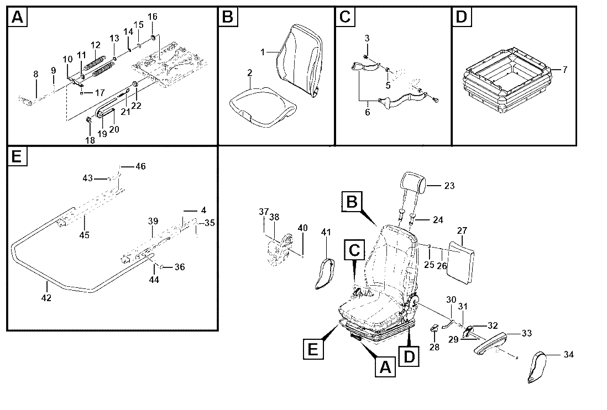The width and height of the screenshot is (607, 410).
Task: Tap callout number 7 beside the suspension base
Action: point(565,70)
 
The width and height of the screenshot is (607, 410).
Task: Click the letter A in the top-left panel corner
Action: point(18,18)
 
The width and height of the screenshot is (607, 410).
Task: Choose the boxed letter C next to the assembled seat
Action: point(354,250)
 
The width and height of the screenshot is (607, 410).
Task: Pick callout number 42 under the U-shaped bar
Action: point(46,298)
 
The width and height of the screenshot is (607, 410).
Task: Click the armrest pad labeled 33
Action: point(490,343)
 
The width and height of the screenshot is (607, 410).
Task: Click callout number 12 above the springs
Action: point(96,45)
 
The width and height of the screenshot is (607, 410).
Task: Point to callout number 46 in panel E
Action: point(140,166)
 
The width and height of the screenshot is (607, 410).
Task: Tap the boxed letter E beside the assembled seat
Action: point(313,349)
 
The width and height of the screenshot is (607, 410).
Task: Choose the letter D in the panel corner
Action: point(462,18)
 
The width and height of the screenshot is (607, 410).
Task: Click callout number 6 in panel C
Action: point(368,112)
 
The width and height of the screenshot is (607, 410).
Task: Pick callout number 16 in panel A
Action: point(153,17)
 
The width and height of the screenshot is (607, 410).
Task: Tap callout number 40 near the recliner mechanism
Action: point(303,228)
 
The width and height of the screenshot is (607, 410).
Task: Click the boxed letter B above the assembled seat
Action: point(352,202)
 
